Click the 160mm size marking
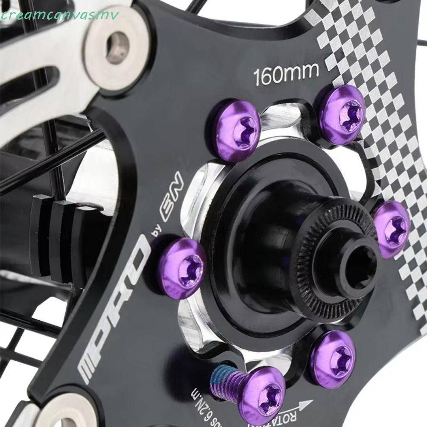(x=286, y=76)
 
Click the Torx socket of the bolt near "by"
(x=190, y=269)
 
